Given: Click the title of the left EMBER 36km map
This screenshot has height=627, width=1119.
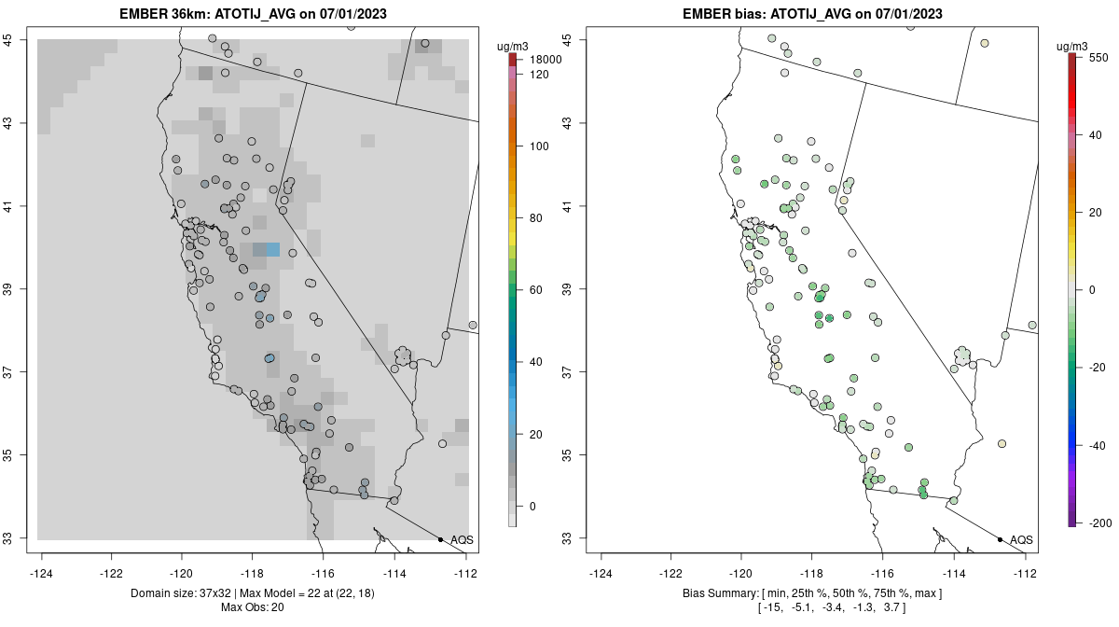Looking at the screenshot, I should [253, 14].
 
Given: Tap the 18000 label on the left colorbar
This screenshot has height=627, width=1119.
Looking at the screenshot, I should [543, 60].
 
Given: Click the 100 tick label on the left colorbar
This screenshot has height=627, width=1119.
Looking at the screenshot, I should [538, 146].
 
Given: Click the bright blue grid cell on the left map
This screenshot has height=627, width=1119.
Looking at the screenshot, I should [272, 249].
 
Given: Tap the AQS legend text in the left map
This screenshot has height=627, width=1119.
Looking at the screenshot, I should [462, 540].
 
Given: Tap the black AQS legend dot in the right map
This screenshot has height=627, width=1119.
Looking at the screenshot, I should [1000, 540].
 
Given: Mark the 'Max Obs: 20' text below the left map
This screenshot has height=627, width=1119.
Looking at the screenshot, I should [253, 607].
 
